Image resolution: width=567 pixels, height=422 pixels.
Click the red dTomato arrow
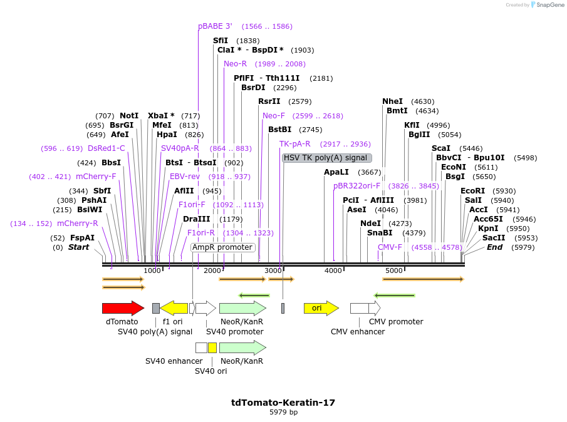(123, 308)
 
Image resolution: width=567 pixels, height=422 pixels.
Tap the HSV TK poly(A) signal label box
(326, 158)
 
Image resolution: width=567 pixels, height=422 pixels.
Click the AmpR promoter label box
(223, 247)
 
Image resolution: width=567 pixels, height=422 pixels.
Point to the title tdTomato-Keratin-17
(283, 403)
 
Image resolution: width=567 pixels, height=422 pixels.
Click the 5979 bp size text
(283, 413)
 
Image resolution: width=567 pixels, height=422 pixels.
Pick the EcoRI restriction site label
(472, 191)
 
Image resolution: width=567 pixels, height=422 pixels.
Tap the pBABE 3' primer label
(215, 26)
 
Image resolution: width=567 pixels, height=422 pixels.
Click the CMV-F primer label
(390, 247)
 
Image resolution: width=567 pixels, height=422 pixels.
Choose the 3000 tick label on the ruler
(273, 270)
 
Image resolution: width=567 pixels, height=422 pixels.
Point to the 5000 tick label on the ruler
(393, 270)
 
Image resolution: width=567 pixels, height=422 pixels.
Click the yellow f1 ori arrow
(174, 308)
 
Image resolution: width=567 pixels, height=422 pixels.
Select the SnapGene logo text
(548, 5)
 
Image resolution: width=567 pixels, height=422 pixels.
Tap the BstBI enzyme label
(279, 130)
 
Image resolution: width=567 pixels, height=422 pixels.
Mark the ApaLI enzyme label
(336, 172)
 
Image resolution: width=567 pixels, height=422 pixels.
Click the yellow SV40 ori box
(212, 347)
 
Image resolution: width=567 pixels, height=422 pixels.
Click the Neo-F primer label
(273, 116)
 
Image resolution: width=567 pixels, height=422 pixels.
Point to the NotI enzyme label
(129, 116)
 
